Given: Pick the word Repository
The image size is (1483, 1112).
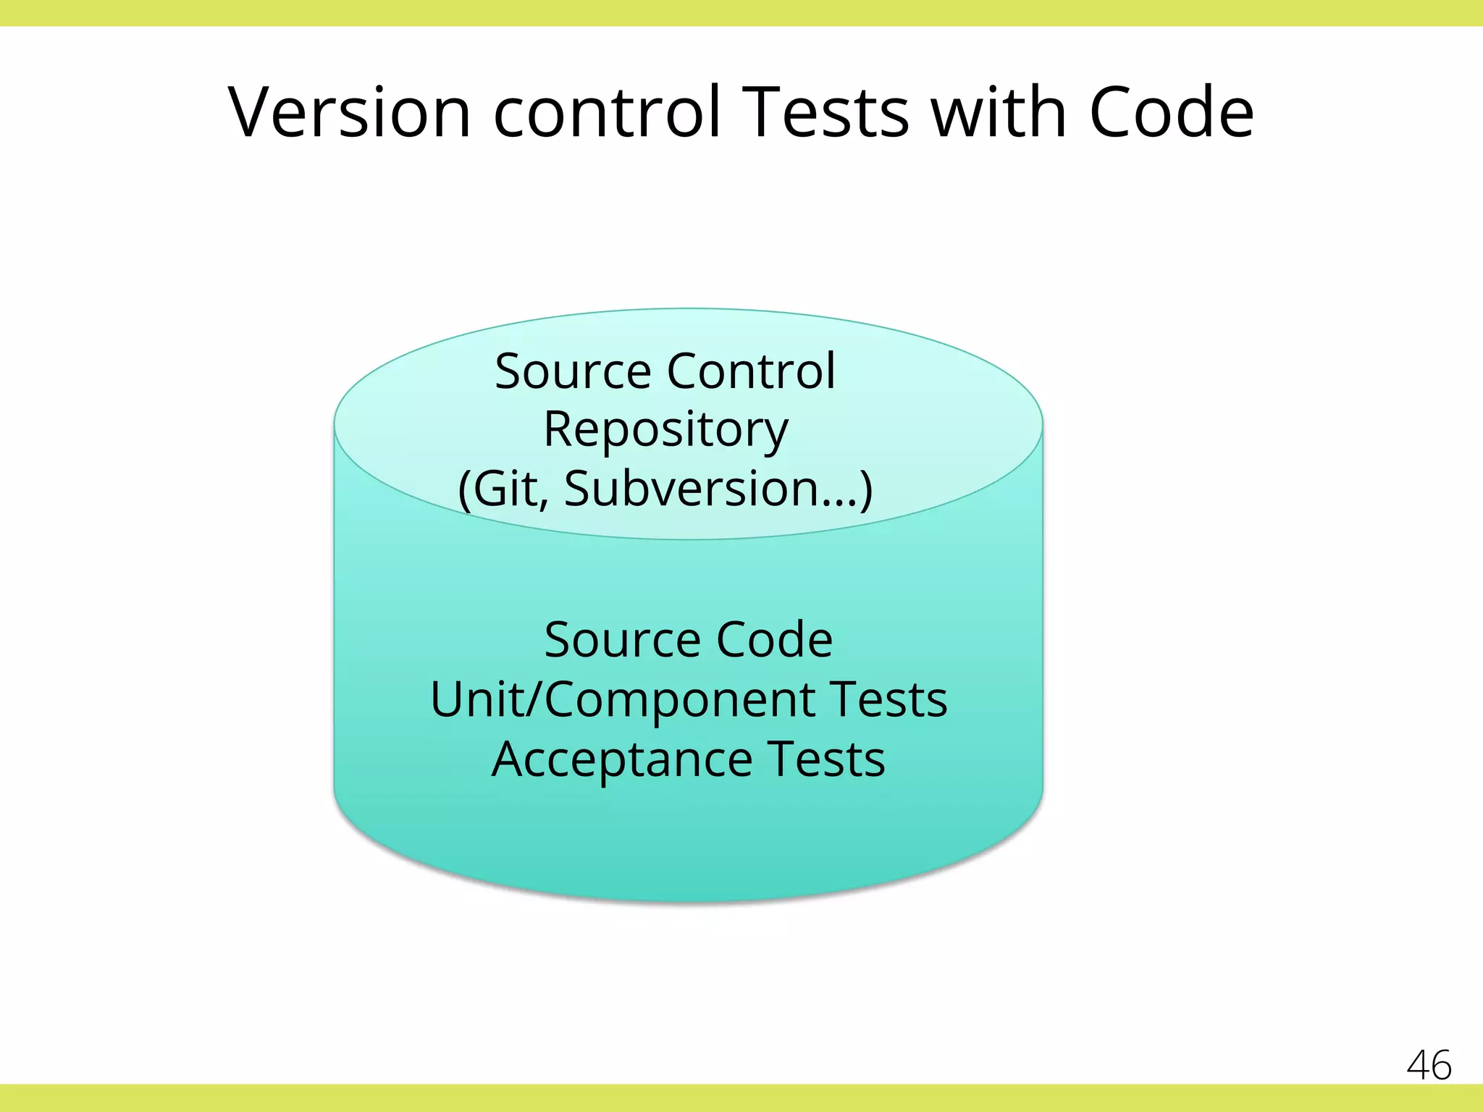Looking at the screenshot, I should coord(665,429).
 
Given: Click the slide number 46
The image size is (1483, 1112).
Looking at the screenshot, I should coord(1429,1065).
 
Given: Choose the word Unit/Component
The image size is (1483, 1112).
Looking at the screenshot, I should coord(623,699).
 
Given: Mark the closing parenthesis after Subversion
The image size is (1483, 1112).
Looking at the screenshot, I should coord(865,489).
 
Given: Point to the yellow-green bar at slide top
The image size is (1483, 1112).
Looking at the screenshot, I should coord(741,12).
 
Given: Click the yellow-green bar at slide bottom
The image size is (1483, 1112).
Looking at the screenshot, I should coord(741,1098).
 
